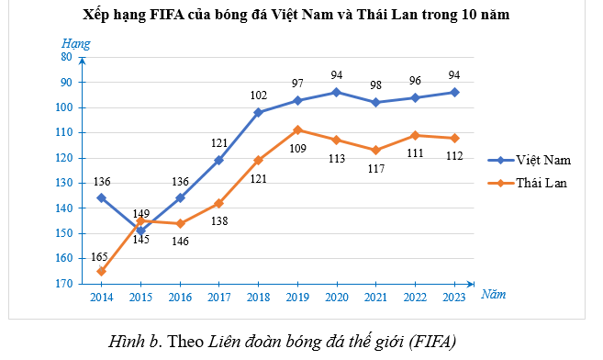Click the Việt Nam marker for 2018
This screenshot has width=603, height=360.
point(258,112)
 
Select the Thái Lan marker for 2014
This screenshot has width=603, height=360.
point(101,271)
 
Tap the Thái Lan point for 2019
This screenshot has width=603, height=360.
point(297,129)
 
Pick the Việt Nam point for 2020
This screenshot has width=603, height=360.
point(337,92)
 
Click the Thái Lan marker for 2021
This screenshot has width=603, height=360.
point(376,150)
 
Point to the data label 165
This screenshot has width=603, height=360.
point(98,258)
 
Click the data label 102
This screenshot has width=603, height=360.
point(258,95)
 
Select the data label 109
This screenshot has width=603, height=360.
point(298,147)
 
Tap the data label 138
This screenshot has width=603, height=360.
point(220,221)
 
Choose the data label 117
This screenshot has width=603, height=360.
point(376,168)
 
